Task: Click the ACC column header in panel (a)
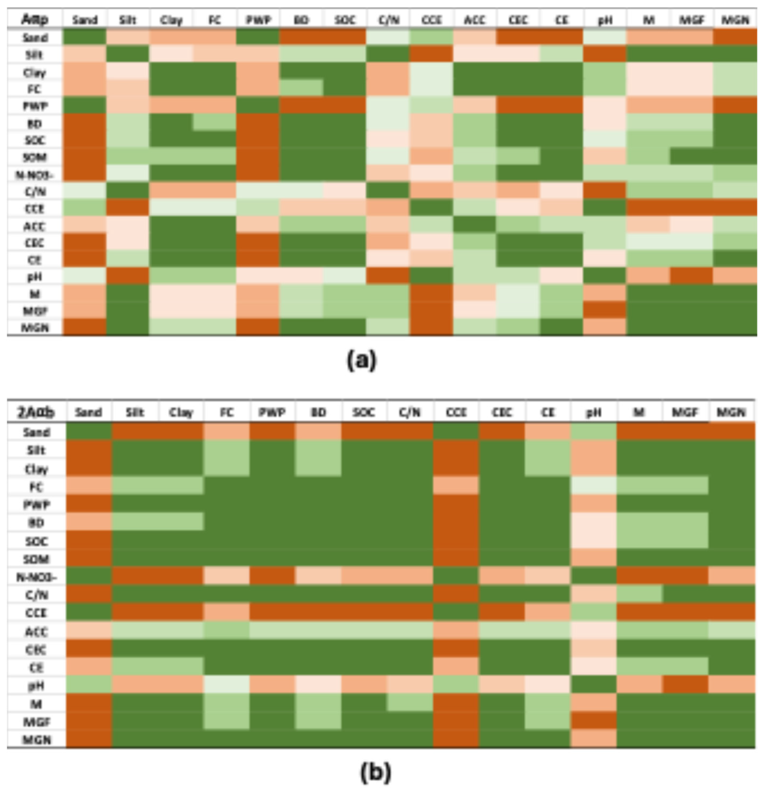click(475, 19)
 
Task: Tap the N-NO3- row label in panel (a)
click(35, 174)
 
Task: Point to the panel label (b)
click(375, 772)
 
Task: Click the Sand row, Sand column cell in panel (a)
click(85, 37)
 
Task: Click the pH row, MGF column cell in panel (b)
click(685, 685)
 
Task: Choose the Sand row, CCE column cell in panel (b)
click(456, 432)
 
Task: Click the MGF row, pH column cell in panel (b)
click(593, 721)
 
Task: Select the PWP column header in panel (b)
click(272, 412)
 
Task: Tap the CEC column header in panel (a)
click(518, 19)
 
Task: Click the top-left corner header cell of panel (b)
click(36, 412)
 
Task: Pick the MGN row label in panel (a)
click(35, 327)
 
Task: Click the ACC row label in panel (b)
click(36, 631)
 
